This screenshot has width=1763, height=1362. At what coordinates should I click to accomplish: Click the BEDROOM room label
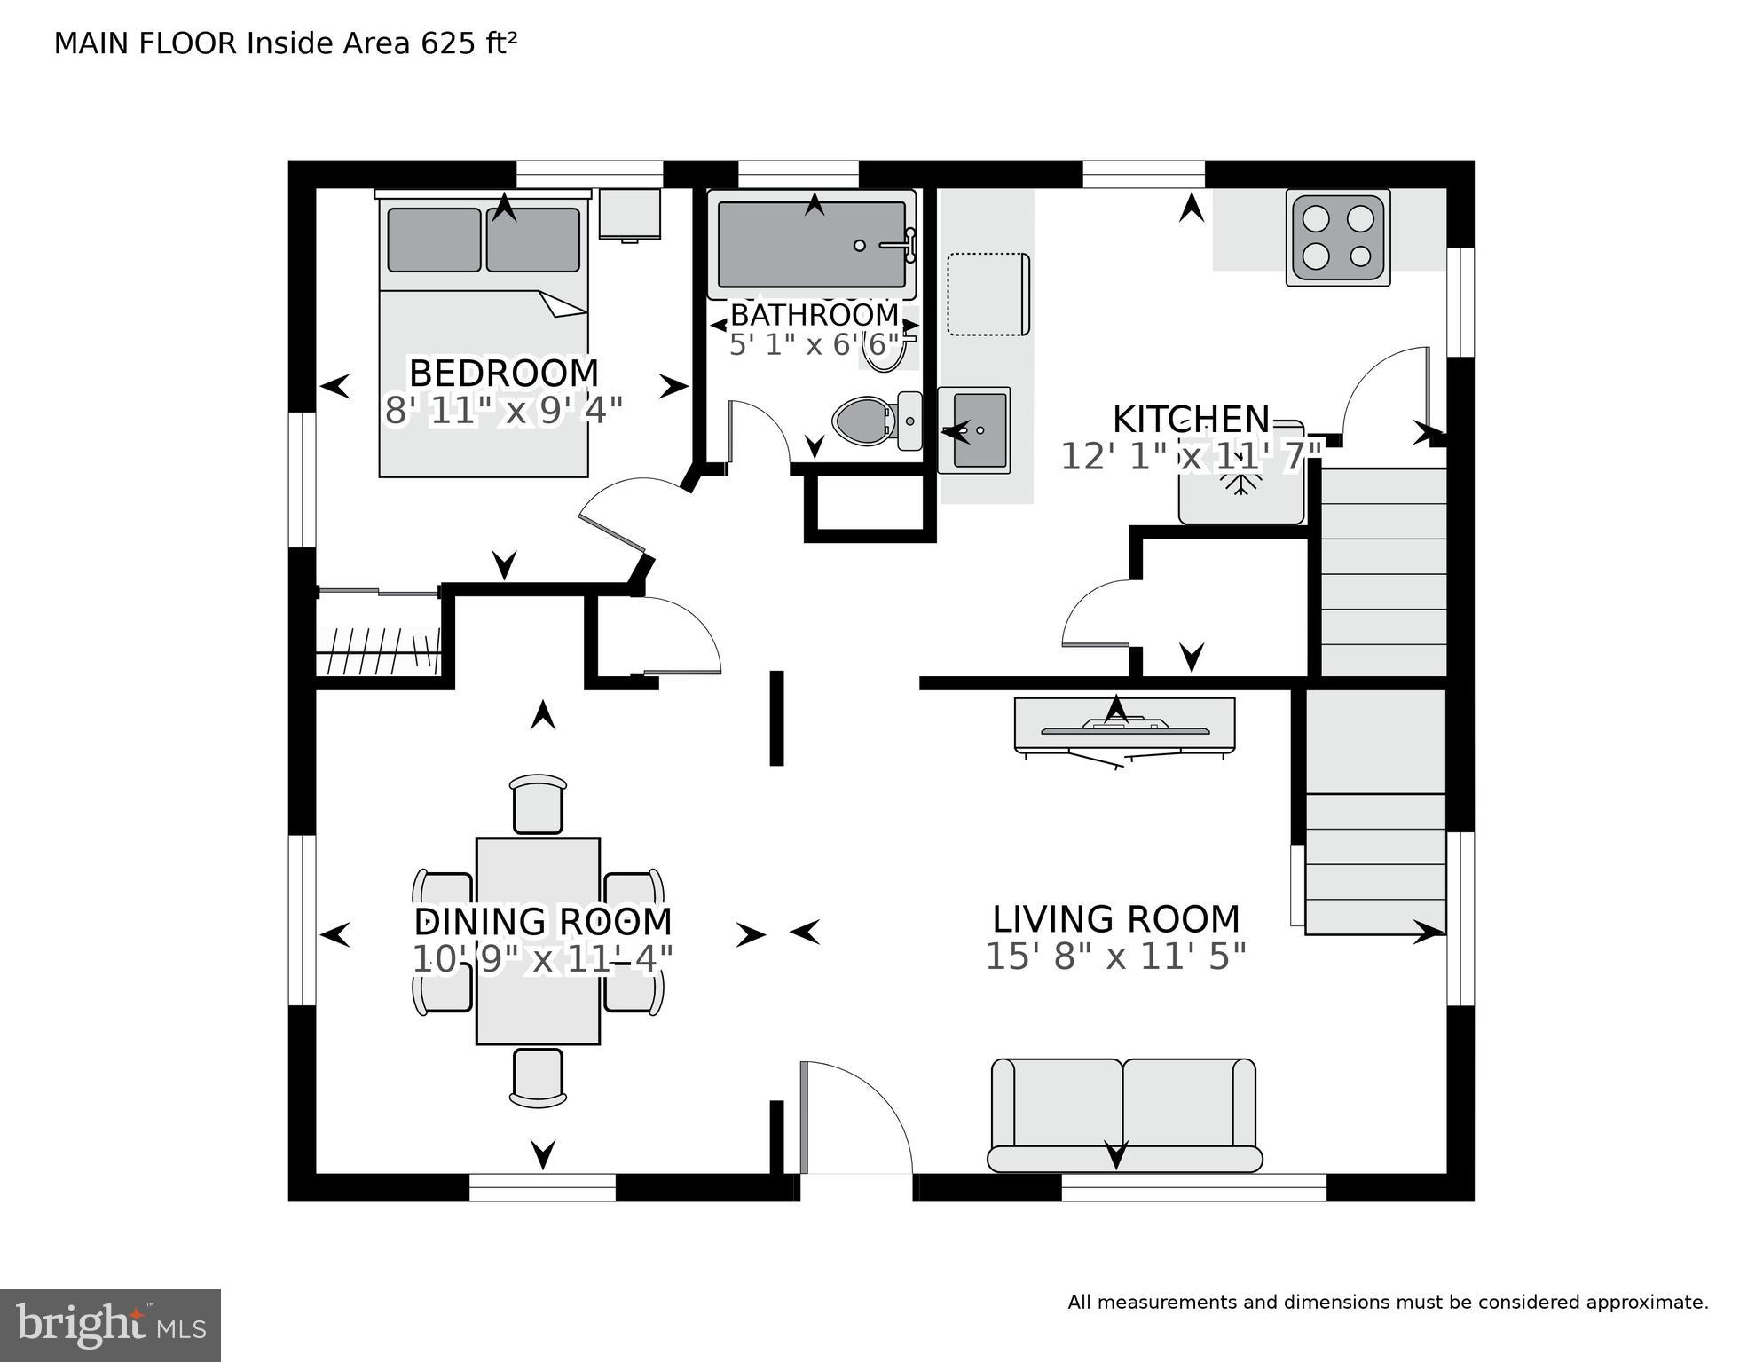pyautogui.click(x=503, y=373)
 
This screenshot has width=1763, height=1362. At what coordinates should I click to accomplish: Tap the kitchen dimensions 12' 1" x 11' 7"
pyautogui.click(x=1191, y=457)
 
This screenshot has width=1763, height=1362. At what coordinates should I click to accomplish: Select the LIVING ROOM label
pyautogui.click(x=1115, y=919)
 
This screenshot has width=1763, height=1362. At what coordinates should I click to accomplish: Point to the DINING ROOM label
pyautogui.click(x=542, y=922)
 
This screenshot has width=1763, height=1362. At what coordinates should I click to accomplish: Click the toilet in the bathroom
pyautogui.click(x=865, y=420)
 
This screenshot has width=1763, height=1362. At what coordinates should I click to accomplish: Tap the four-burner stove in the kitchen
pyautogui.click(x=1338, y=237)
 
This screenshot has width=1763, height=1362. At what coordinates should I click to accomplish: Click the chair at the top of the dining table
pyautogui.click(x=538, y=804)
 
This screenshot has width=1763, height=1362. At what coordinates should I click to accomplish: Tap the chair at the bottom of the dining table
pyautogui.click(x=538, y=1077)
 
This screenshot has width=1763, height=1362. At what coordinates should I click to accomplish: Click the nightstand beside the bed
pyautogui.click(x=629, y=213)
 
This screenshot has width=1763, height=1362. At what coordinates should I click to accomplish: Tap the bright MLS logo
pyautogui.click(x=110, y=1326)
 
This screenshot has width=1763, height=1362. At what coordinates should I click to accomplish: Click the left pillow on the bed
pyautogui.click(x=434, y=240)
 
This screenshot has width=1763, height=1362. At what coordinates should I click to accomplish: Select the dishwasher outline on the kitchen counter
pyautogui.click(x=988, y=295)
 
